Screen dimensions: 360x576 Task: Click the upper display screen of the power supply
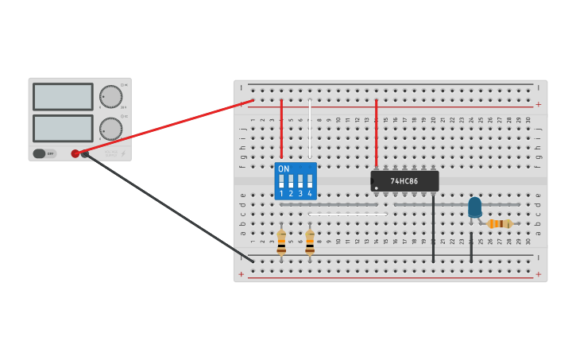(x=63, y=97)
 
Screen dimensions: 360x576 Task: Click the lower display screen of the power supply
(x=63, y=128)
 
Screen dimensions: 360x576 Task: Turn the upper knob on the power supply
(x=110, y=97)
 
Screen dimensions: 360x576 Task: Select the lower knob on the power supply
(x=110, y=129)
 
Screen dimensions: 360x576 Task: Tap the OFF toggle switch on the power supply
(x=44, y=153)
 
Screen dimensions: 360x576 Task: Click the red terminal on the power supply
(x=75, y=153)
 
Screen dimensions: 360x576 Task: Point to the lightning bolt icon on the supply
(x=123, y=153)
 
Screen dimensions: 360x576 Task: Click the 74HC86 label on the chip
(x=404, y=181)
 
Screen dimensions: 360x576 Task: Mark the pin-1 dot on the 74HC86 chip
(x=376, y=188)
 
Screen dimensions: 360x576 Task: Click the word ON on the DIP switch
(x=284, y=168)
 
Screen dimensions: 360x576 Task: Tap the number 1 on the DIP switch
(x=281, y=194)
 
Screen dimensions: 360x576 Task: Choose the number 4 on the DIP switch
(x=310, y=194)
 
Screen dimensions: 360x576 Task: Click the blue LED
(x=474, y=207)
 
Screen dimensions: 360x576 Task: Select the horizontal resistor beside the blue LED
(x=500, y=223)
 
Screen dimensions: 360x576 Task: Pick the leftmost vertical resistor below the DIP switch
(x=281, y=242)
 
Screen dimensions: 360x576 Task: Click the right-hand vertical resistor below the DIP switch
(x=310, y=242)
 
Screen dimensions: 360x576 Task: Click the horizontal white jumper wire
(x=347, y=214)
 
